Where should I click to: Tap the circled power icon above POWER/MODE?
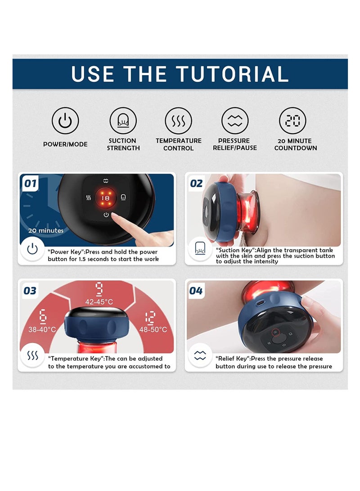[65, 121]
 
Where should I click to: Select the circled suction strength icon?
[123, 121]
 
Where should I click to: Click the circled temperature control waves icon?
[179, 121]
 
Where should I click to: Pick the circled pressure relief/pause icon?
[235, 121]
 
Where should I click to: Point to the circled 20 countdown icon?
[292, 121]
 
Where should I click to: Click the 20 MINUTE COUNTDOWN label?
[296, 144]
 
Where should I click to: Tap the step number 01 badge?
[30, 183]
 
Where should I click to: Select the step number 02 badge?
[196, 183]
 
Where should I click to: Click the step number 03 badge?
[30, 291]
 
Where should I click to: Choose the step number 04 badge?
[196, 291]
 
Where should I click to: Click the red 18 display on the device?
[106, 198]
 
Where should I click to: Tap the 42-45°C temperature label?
[99, 302]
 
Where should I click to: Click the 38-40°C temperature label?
[42, 329]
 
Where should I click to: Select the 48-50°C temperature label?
[153, 329]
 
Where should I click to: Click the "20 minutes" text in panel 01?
[46, 230]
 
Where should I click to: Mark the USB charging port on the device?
[260, 303]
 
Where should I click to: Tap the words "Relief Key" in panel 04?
[232, 359]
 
